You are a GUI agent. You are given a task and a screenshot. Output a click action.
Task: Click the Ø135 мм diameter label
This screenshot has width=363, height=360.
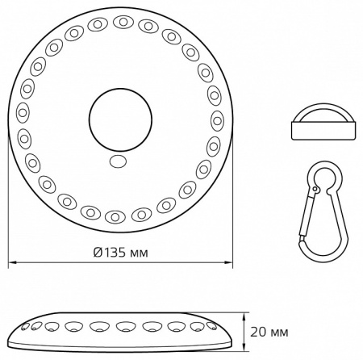coord(121,253)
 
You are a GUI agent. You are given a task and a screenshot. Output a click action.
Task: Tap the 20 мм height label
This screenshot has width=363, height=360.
coord(269,332)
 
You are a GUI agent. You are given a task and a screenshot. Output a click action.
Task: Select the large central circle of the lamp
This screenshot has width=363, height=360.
coord(120,119)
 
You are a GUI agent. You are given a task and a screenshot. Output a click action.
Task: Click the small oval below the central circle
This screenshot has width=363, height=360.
coord(119,161)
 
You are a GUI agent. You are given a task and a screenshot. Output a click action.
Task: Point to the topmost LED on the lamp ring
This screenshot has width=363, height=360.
coord(123,22)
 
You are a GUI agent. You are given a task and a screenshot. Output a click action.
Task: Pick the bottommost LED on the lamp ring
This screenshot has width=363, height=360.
coord(115,217)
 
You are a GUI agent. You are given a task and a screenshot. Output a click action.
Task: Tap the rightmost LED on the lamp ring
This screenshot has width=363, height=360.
coord(217,121)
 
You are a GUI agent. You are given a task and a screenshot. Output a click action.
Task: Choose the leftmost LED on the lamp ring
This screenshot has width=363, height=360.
coord(23,113)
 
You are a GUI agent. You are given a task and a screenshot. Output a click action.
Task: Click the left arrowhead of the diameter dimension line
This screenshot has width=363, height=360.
coord(12,262)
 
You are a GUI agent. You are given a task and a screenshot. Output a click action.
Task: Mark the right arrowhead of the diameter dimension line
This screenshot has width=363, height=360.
coord(228,262)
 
